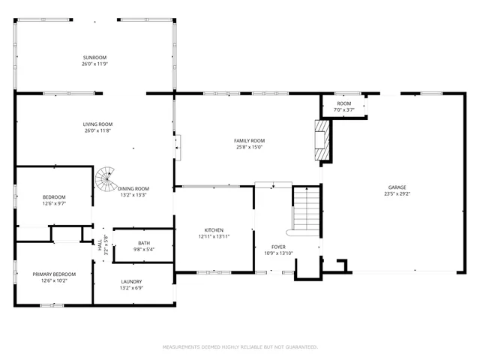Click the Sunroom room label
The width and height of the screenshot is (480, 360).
[x=94, y=58]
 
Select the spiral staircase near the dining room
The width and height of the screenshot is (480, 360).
[x=104, y=180]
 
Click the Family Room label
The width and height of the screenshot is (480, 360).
[x=249, y=140]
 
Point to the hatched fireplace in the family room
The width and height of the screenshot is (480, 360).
[x=322, y=139]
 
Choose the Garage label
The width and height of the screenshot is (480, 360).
[x=397, y=187]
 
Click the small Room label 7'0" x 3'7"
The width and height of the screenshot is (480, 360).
[x=343, y=103]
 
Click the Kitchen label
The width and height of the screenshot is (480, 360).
[x=214, y=230]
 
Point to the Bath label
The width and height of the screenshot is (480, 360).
[x=143, y=243]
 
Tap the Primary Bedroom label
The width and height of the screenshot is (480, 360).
[x=54, y=274]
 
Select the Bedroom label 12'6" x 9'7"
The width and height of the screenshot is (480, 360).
[x=54, y=197]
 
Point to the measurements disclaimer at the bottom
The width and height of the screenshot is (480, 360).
[x=240, y=346]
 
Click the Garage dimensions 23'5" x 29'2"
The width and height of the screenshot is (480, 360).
[x=397, y=193]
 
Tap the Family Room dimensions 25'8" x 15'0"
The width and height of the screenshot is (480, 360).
[x=249, y=147]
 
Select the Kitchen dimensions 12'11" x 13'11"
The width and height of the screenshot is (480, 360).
[x=214, y=237]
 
